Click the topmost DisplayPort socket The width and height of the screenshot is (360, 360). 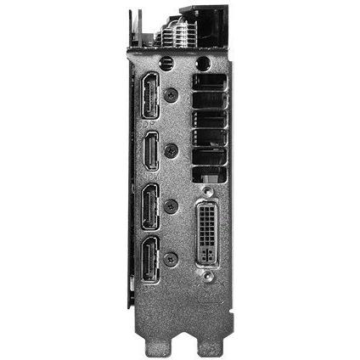click(x=151, y=93)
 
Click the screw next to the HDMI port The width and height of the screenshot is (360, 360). click(x=172, y=151)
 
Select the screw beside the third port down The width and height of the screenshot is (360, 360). click(x=172, y=205)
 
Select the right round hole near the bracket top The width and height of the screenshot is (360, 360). click(x=202, y=63)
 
